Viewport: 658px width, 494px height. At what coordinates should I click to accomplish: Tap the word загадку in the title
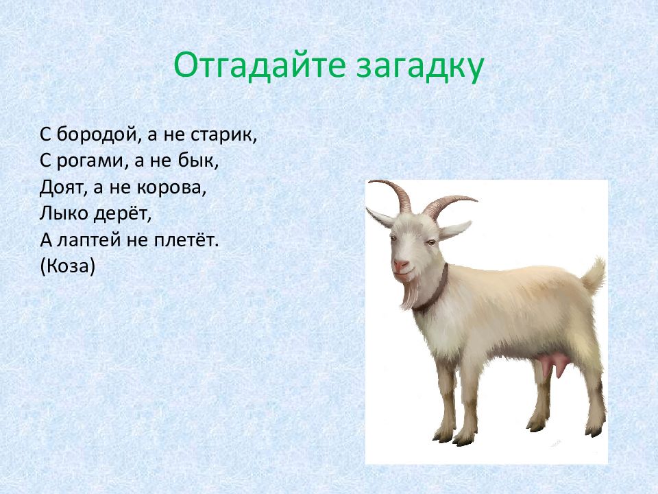point(420,68)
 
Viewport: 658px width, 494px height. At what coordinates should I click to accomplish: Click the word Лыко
point(64,214)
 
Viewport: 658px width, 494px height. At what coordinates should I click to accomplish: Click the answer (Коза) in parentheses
point(68,266)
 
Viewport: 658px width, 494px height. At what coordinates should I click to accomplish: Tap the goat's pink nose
point(400,265)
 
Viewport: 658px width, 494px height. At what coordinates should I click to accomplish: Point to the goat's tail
point(593,277)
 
